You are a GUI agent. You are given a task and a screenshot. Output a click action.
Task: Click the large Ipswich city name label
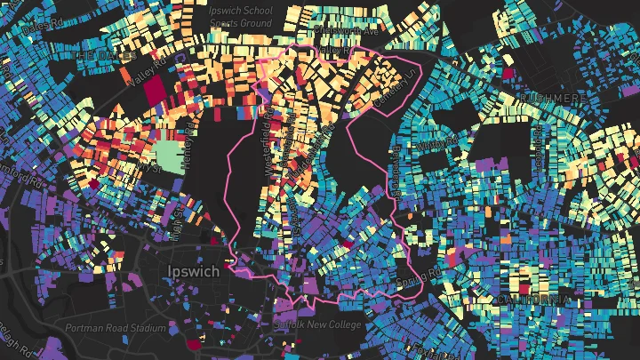point(194,271)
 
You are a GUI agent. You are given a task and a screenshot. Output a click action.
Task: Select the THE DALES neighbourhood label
point(104,56)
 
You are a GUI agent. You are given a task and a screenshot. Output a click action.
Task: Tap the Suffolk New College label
point(321,325)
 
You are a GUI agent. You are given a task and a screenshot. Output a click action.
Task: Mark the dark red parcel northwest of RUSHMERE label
point(508,74)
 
